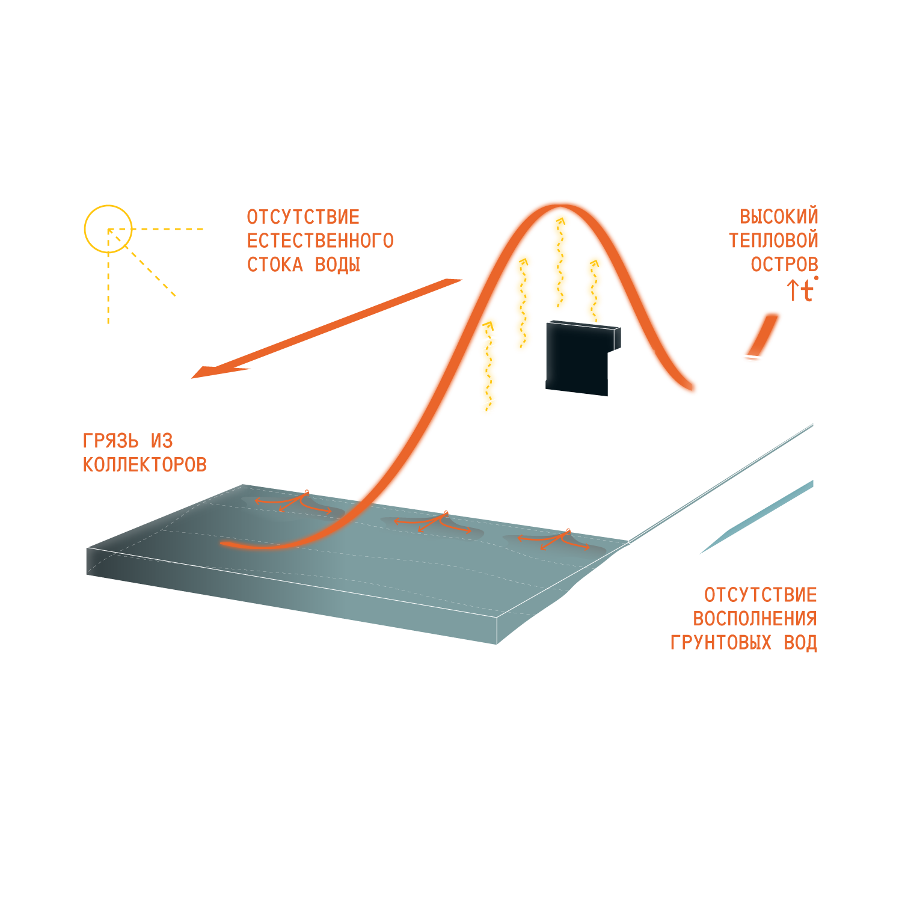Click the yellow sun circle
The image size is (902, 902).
[108, 229]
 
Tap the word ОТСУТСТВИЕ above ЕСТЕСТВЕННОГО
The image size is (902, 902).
[303, 217]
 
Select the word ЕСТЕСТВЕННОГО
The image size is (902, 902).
[320, 241]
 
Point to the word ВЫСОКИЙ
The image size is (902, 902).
[779, 216]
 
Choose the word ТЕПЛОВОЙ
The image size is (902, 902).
[773, 241]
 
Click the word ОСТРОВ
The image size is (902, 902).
[784, 264]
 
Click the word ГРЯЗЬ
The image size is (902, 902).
[110, 441]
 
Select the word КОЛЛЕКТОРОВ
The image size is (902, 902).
[144, 465]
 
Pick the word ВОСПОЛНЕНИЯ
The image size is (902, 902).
[755, 619]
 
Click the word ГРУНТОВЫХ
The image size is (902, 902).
[720, 643]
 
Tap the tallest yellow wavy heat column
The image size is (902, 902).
[560, 259]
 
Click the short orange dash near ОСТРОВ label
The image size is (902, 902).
[765, 334]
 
